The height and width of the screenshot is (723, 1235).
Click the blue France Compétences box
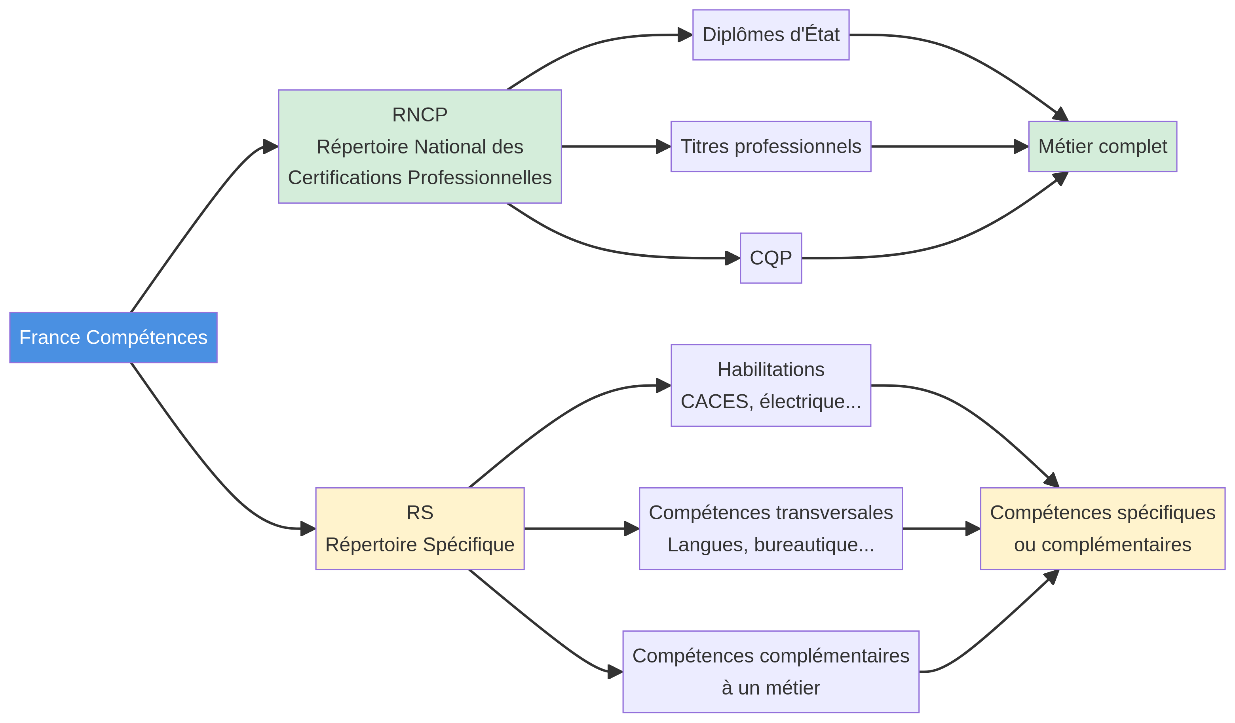click(x=113, y=337)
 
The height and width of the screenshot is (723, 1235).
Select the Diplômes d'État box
click(x=770, y=35)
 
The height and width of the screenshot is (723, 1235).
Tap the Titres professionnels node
click(x=770, y=146)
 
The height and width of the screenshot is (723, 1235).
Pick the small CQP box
click(x=770, y=258)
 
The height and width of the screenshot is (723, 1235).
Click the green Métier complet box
click(x=1102, y=146)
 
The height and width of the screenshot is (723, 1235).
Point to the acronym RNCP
click(x=420, y=115)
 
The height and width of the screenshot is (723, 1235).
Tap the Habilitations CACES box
click(x=770, y=386)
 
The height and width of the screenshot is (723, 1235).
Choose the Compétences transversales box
click(x=770, y=528)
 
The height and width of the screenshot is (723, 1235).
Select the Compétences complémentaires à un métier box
click(x=770, y=672)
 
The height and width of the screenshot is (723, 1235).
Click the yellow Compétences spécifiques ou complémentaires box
click(x=1102, y=528)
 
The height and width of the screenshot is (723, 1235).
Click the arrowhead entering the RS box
click(x=308, y=528)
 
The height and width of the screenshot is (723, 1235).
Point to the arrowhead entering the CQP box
click(x=733, y=258)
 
